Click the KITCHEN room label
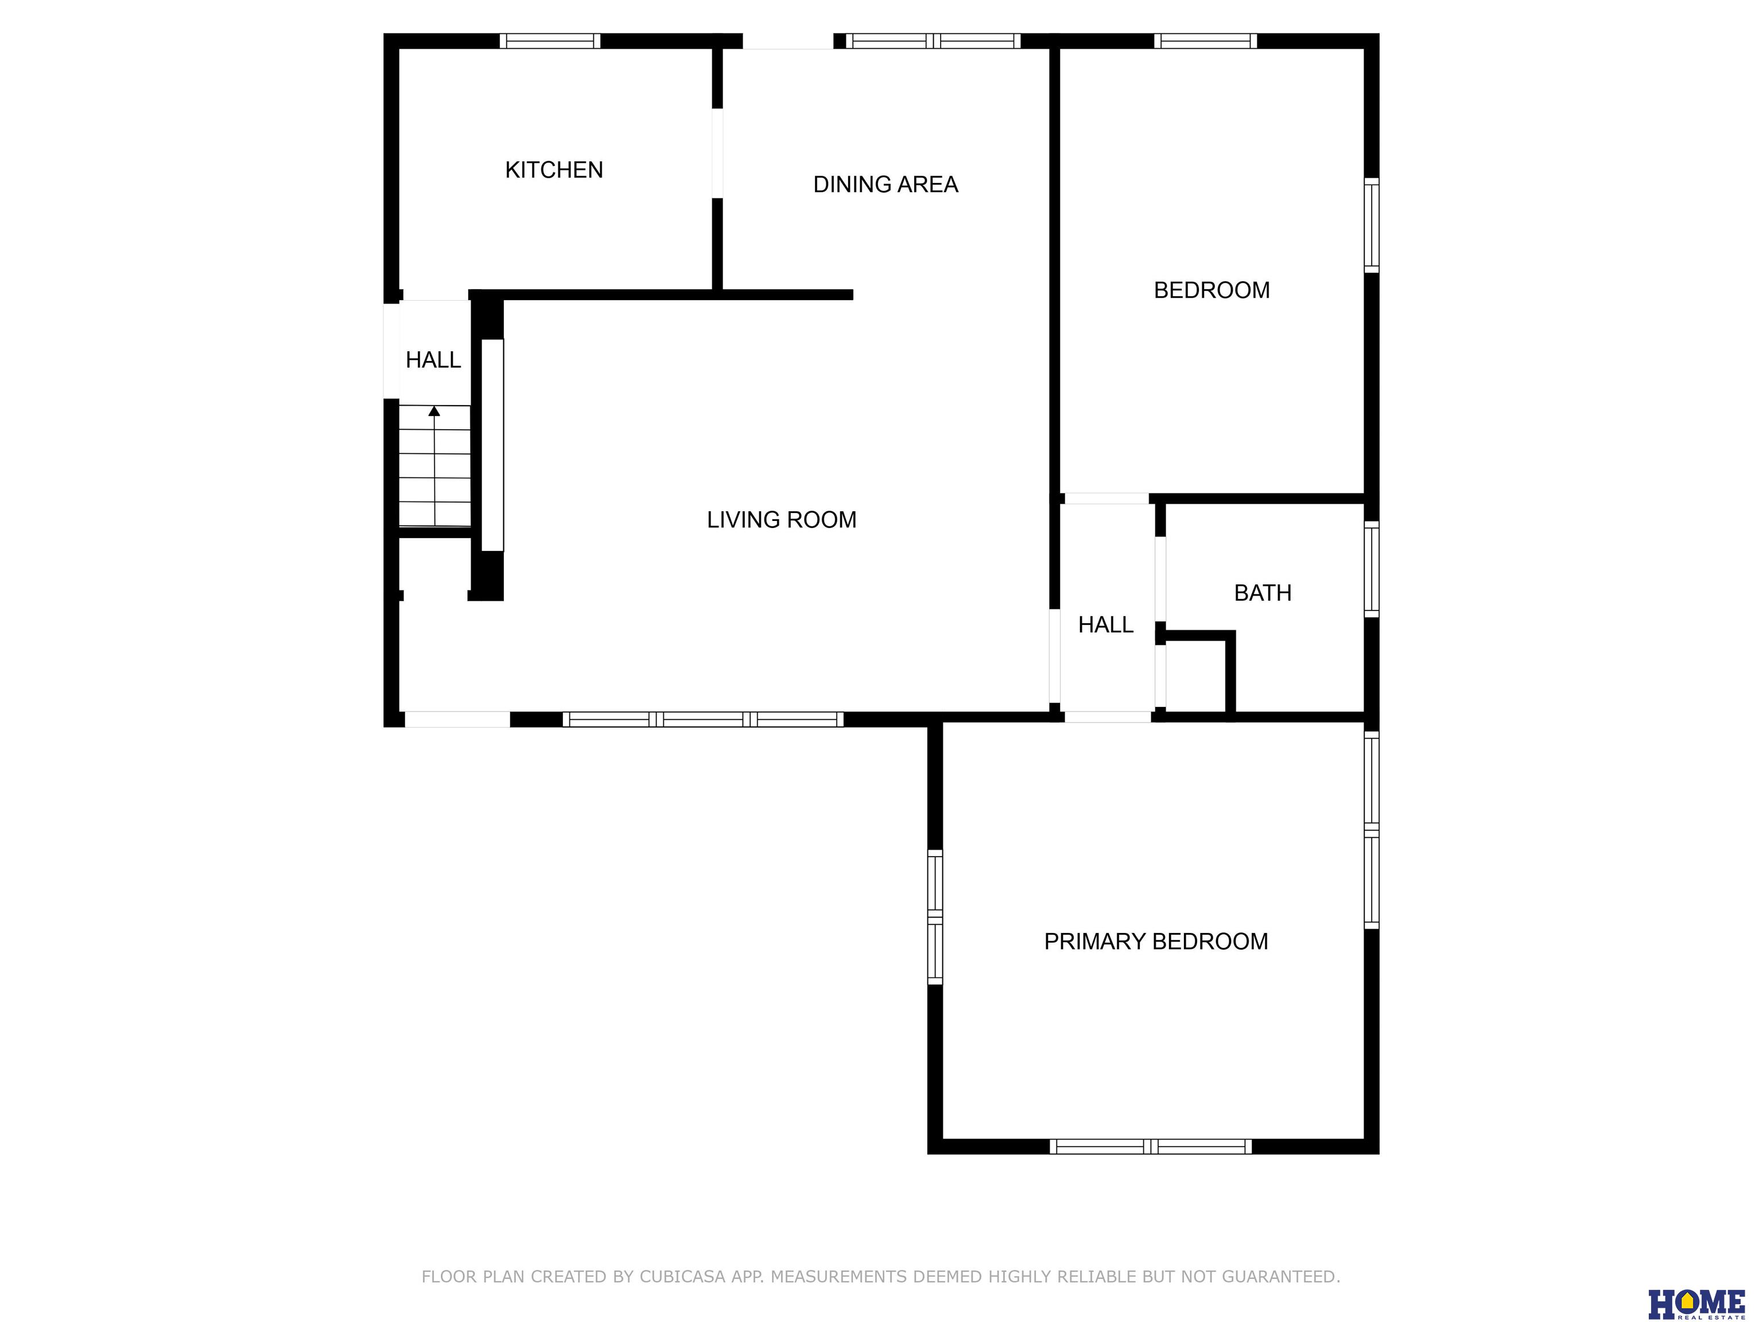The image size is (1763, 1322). (x=554, y=170)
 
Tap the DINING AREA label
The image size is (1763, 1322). (x=886, y=185)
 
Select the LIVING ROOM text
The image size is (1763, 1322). (x=782, y=519)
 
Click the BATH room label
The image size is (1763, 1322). (x=1263, y=593)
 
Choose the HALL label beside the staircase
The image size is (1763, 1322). (x=434, y=360)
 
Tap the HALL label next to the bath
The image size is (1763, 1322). (x=1105, y=625)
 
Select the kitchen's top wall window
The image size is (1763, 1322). (x=550, y=41)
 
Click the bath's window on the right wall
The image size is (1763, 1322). (x=1372, y=569)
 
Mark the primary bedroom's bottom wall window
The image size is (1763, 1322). (x=1150, y=1146)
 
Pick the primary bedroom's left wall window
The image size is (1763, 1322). (x=935, y=917)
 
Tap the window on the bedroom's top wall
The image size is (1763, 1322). (x=1206, y=41)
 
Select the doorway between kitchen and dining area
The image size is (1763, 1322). (x=717, y=153)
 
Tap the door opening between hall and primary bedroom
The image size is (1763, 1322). (x=1108, y=717)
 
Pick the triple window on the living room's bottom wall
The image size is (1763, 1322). (x=703, y=720)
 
